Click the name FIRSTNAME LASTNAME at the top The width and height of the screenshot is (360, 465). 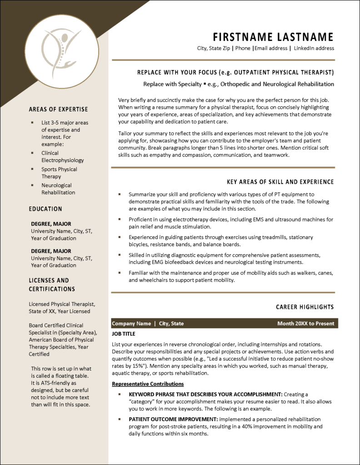coord(273,37)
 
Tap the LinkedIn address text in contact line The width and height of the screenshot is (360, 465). coord(314,48)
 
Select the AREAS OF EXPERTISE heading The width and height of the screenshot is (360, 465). coord(58,109)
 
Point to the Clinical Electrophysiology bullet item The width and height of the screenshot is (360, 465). coord(62,157)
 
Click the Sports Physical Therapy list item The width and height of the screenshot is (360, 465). coord(59,173)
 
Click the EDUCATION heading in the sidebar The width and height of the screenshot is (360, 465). coord(45,209)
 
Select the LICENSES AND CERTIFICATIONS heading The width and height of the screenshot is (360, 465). coord(51,285)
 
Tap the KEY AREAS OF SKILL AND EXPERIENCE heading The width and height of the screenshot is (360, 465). coord(280,182)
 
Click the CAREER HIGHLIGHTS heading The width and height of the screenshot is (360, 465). coord(305,307)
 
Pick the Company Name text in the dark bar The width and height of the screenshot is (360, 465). coord(131,324)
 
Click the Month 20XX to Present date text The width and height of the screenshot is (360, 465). coord(305,324)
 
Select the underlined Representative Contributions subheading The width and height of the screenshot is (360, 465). coord(148,384)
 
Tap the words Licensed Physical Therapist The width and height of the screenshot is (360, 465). coord(62,304)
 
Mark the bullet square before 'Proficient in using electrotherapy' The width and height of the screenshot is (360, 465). coord(120,219)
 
